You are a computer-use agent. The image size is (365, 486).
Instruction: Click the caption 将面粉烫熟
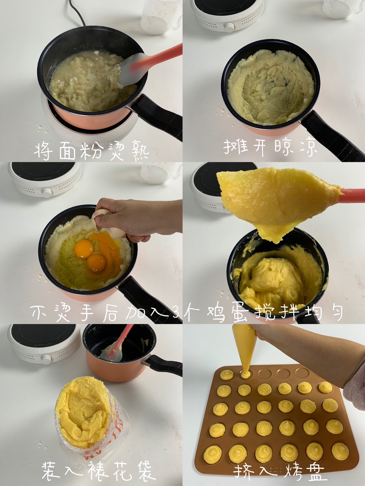(91, 151)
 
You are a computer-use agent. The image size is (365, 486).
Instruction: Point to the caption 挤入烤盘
(278, 471)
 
